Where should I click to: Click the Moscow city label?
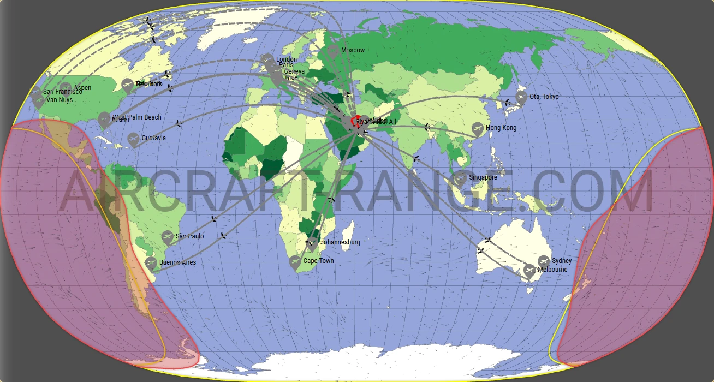(353, 50)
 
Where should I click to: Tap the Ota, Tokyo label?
(544, 97)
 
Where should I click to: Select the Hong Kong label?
(501, 128)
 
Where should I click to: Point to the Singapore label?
(483, 177)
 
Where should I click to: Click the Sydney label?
(562, 261)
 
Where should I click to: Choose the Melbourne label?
(552, 270)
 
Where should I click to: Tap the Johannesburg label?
(340, 242)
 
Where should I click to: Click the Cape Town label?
(318, 261)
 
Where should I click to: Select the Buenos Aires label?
(177, 262)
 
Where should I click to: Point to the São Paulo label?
(189, 236)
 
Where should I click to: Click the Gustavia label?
(153, 138)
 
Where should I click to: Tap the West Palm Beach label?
(138, 117)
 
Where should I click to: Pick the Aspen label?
(82, 88)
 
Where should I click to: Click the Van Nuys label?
(59, 100)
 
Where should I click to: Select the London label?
(287, 59)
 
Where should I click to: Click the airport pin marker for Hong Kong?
(478, 129)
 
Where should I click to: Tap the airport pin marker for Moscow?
(332, 51)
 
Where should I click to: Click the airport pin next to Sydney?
(544, 261)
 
